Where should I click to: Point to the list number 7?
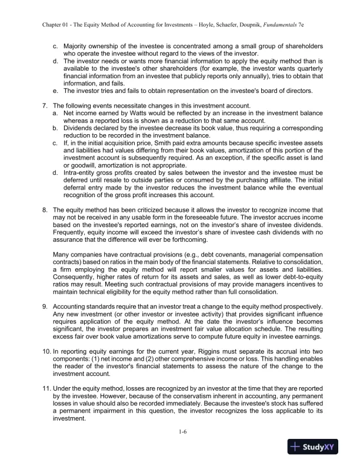[x=46, y=102]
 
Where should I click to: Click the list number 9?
[x=46, y=307]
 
